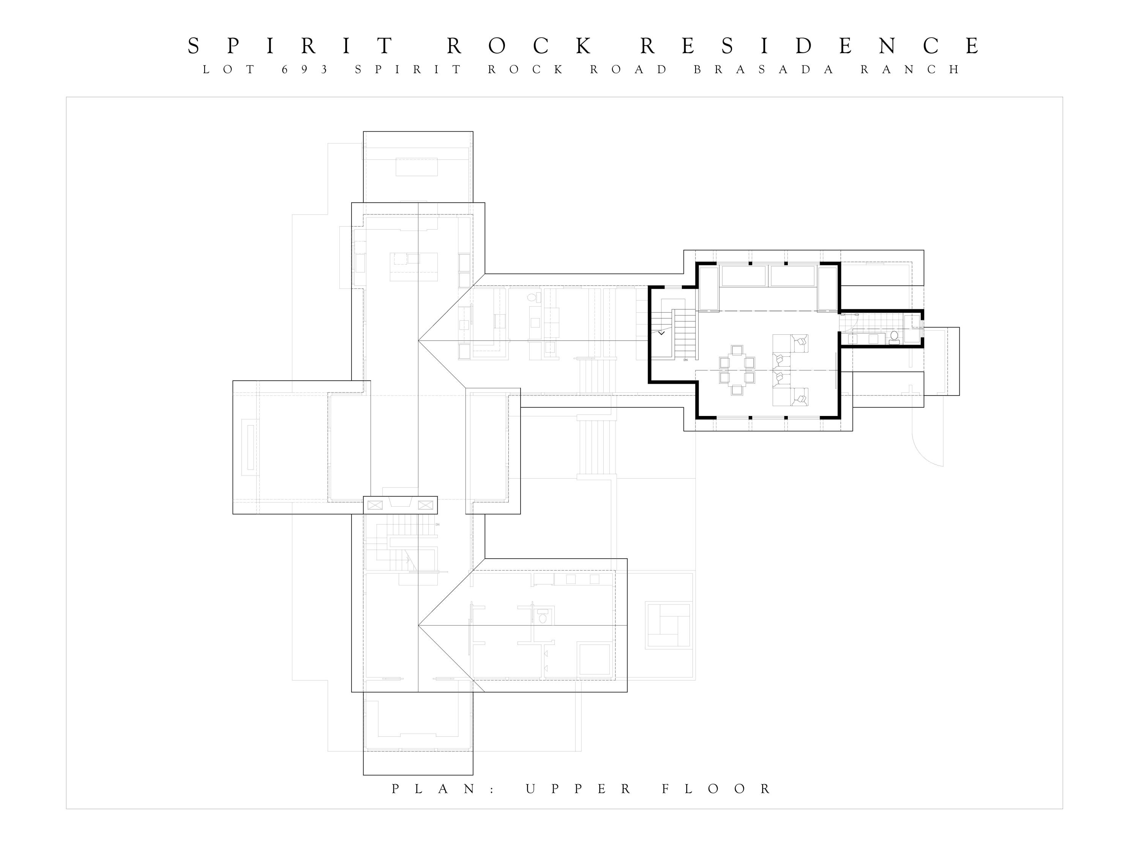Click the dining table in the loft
[x=737, y=370]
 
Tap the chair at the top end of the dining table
[x=737, y=350]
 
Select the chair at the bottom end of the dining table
[x=737, y=390]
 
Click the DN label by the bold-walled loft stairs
[x=685, y=360]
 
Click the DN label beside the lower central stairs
[x=437, y=525]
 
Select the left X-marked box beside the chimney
[x=375, y=505]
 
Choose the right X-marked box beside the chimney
[x=425, y=505]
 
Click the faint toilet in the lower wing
[x=542, y=618]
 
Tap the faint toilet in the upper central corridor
[x=532, y=297]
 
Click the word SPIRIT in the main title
[x=291, y=46]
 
